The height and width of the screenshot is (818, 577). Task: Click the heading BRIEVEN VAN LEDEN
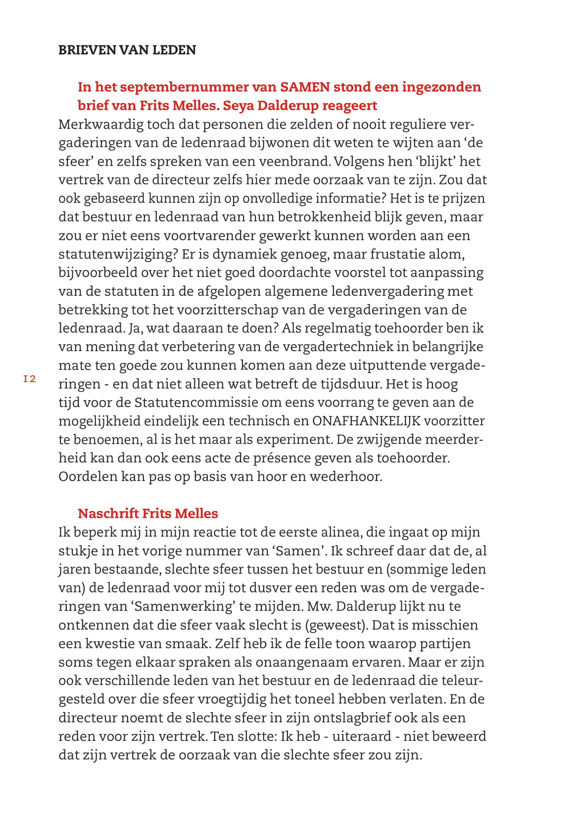[x=127, y=50]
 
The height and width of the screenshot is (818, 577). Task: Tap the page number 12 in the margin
[x=30, y=379]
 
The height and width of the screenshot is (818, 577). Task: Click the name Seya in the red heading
[x=239, y=105]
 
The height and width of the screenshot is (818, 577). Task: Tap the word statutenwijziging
[x=114, y=254]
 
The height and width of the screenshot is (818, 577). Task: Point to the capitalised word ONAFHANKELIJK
[x=366, y=421]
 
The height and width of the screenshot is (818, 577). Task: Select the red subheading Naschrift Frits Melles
[x=148, y=513]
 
